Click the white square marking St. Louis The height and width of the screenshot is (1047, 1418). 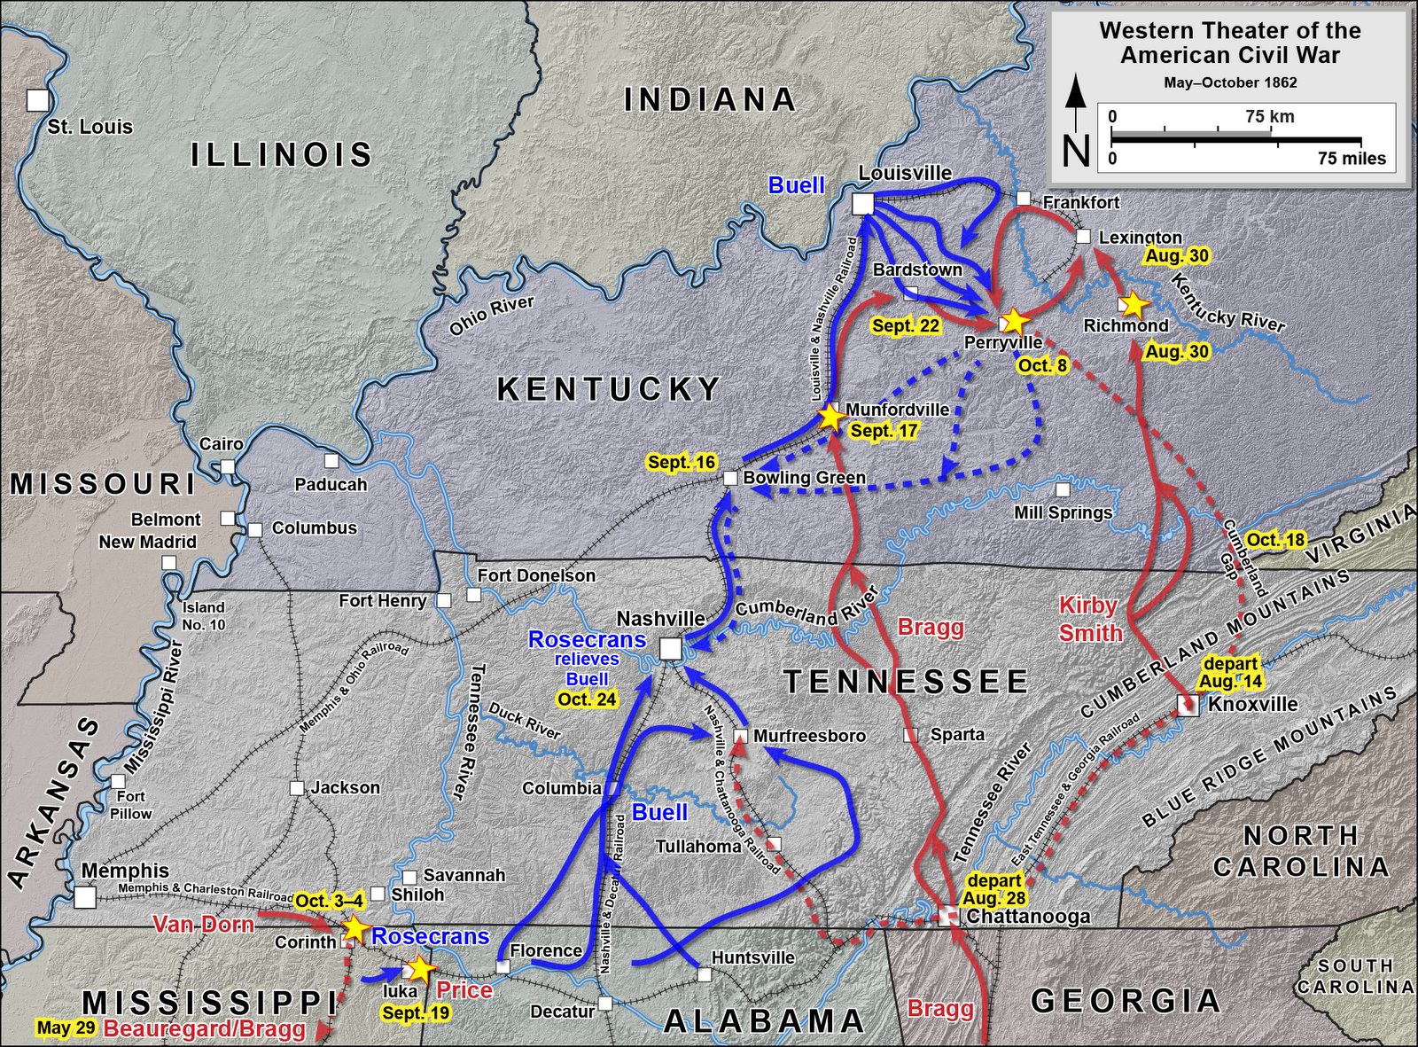(x=37, y=100)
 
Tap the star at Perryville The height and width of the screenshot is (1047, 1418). (x=1012, y=322)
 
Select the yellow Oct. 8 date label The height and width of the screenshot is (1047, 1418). (x=1042, y=365)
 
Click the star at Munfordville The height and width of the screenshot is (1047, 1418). (x=830, y=415)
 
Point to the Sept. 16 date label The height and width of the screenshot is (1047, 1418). (x=681, y=462)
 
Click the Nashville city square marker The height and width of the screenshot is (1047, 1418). (x=671, y=649)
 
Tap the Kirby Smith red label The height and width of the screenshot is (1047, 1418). (x=1090, y=619)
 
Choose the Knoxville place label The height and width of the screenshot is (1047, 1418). (x=1252, y=704)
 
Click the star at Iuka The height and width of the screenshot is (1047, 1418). (x=420, y=969)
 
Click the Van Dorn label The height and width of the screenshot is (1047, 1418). (x=203, y=925)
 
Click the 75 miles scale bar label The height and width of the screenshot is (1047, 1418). (x=1351, y=159)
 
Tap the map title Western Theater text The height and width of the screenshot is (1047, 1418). (x=1229, y=43)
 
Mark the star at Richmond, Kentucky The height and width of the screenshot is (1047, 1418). (x=1134, y=304)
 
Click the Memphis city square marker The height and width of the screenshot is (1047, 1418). (x=85, y=898)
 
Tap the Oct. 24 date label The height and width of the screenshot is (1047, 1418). (x=587, y=699)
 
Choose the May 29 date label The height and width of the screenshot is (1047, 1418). (x=66, y=1028)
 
